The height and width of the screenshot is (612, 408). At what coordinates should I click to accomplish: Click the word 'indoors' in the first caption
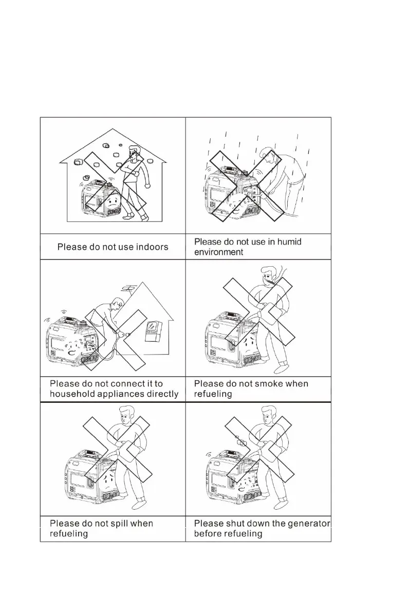click(149, 247)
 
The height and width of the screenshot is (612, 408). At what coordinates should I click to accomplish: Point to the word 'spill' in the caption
click(116, 523)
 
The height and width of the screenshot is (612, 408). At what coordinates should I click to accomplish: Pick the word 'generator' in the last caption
click(307, 523)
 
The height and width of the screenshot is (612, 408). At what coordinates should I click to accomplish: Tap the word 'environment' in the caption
click(218, 252)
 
